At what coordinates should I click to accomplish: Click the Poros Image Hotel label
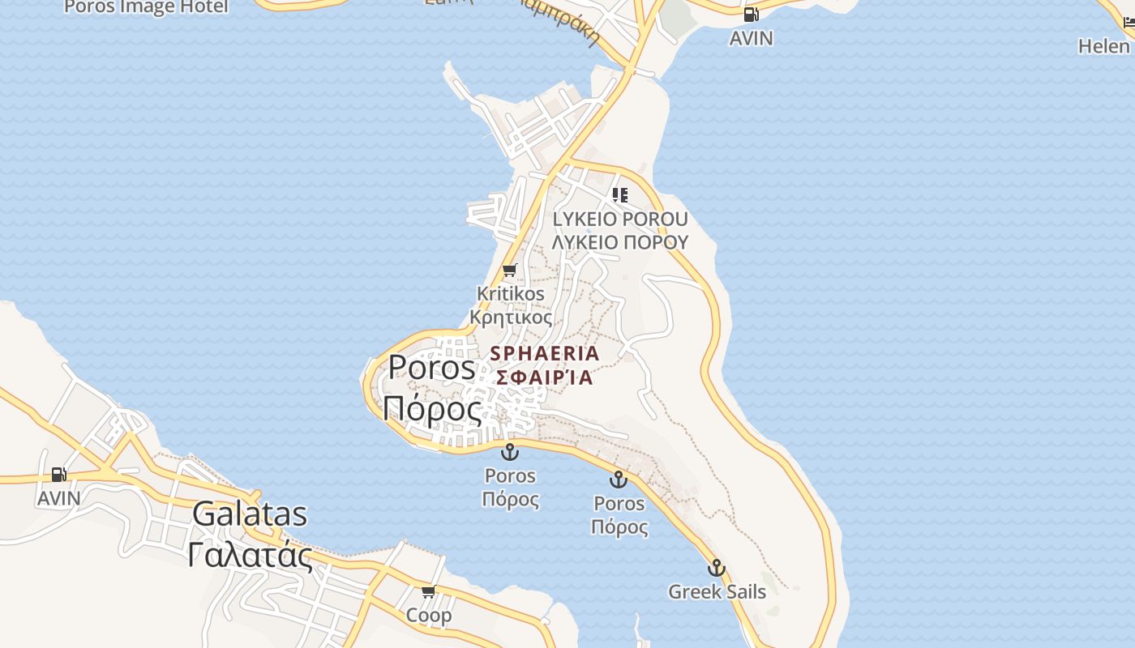tap(146, 7)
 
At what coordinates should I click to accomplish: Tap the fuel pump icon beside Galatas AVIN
tap(58, 474)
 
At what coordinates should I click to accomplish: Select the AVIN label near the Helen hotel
tap(751, 38)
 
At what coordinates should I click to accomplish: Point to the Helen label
tap(1104, 46)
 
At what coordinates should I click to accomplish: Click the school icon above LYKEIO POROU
tap(620, 194)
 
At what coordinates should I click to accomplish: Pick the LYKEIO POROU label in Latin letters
tap(620, 219)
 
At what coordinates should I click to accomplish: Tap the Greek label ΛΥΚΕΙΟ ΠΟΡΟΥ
tap(620, 241)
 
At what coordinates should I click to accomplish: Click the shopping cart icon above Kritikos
tap(509, 270)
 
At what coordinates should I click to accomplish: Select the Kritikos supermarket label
tap(511, 293)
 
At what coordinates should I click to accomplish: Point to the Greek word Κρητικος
tap(511, 317)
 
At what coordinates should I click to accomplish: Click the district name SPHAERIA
tap(545, 353)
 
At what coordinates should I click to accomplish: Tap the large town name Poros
tap(432, 367)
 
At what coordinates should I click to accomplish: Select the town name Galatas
tap(251, 514)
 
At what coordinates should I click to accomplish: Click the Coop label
tap(429, 616)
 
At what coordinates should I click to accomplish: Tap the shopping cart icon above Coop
tap(429, 591)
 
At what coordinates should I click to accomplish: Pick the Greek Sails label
tap(717, 591)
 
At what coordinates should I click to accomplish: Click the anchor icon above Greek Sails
tap(716, 567)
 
